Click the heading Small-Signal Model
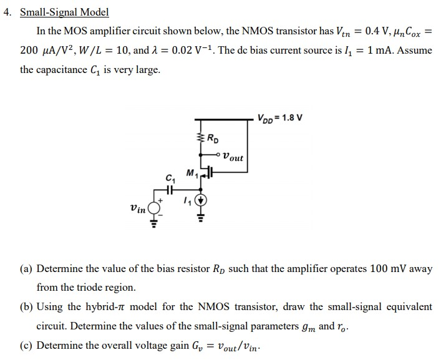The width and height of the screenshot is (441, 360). point(64,12)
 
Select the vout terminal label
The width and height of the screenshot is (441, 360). point(233,158)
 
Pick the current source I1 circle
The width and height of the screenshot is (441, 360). point(201,202)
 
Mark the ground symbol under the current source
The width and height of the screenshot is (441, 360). point(201,218)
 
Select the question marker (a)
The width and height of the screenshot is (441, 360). point(26,269)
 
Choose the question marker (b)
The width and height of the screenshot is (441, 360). point(26,306)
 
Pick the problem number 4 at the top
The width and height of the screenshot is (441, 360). point(6,12)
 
